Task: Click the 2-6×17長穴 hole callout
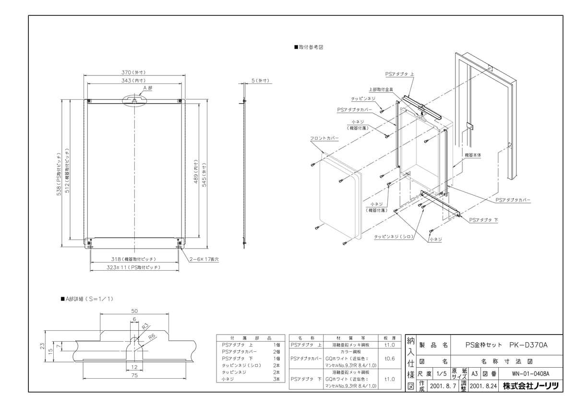(204, 259)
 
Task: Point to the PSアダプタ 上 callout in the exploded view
(398, 74)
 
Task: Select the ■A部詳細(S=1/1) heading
(87, 299)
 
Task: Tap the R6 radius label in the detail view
(151, 336)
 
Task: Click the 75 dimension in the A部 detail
(134, 376)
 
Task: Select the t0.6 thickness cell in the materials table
(390, 358)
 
